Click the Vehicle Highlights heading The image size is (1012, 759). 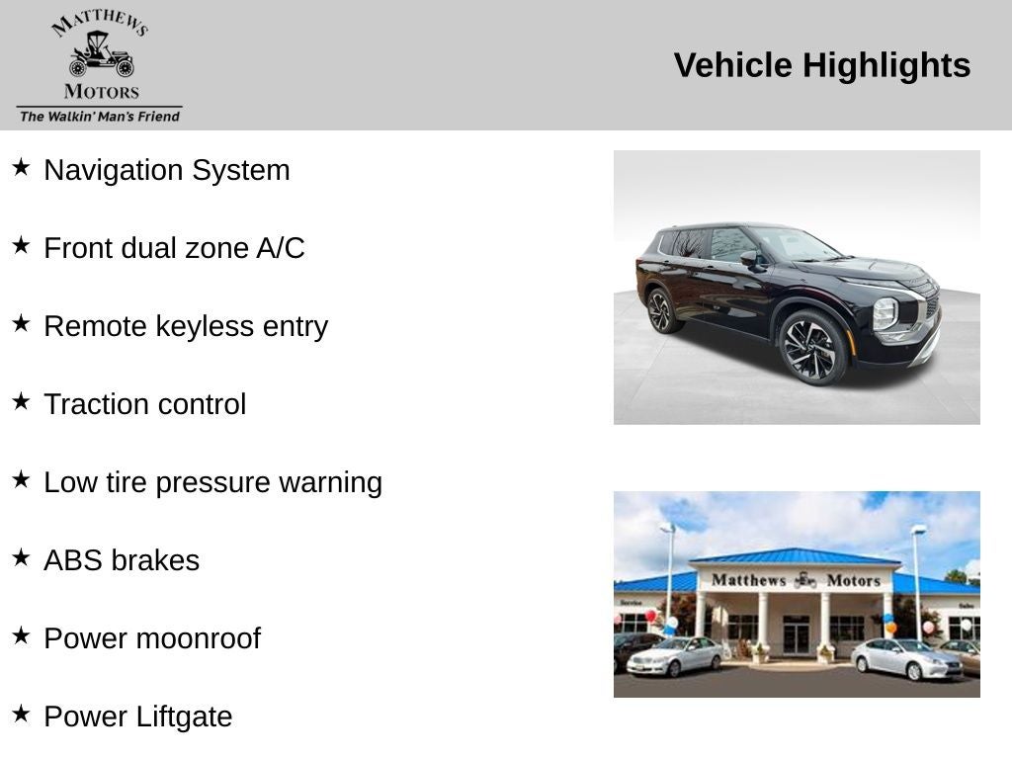821,65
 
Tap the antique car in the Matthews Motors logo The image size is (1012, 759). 101,55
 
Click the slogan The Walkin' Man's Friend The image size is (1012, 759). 100,117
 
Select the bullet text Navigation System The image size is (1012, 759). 167,170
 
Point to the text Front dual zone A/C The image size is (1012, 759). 174,248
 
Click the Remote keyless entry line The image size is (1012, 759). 186,326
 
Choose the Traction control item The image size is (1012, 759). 145,404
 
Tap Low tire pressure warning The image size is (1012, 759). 212,482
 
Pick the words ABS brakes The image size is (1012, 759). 122,560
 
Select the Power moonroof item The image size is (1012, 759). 152,638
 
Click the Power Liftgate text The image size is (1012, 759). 138,717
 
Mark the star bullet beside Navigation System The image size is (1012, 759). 21,167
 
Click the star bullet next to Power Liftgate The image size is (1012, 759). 21,714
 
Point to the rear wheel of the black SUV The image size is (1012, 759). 659,310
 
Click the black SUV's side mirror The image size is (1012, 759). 749,259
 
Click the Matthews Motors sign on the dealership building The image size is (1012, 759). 796,580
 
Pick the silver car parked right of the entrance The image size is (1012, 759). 906,659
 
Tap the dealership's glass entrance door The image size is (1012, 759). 796,634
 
